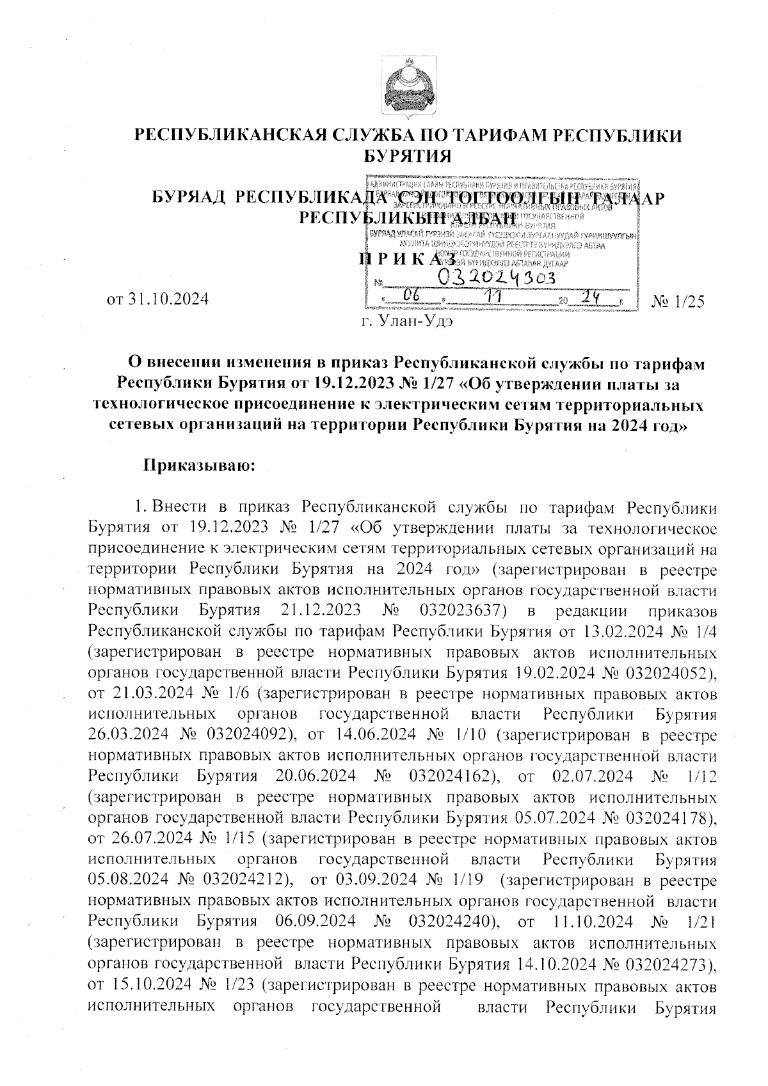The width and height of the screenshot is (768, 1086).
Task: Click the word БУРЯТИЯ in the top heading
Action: tap(408, 155)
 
